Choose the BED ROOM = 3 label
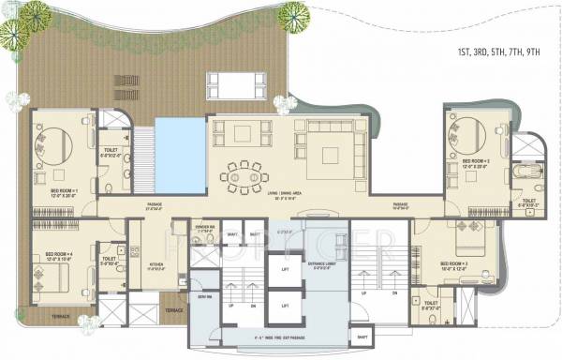pos(452,264)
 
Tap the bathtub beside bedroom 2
pos(525,175)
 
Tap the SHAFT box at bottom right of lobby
pos(361,335)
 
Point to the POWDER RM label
pos(206,227)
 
